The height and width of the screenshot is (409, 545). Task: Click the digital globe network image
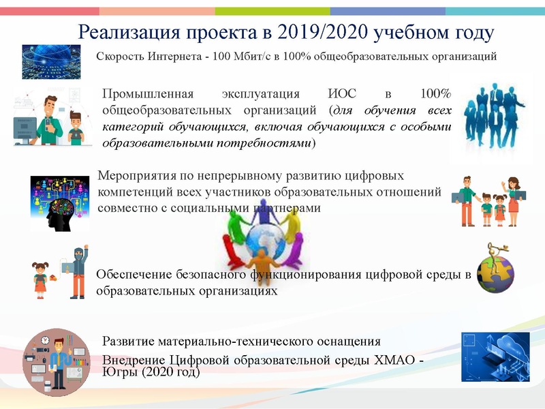pyautogui.click(x=51, y=61)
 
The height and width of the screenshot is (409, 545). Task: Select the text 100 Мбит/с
pyautogui.click(x=240, y=57)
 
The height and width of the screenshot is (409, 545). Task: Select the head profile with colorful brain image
pyautogui.click(x=60, y=203)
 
